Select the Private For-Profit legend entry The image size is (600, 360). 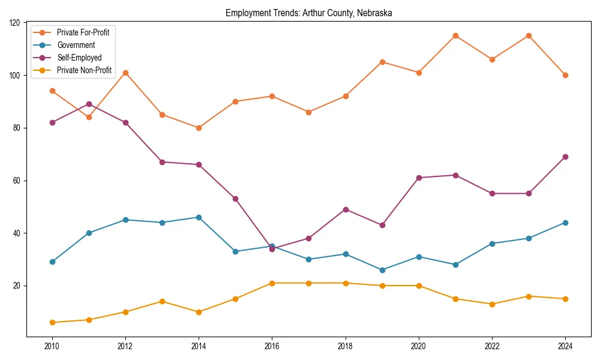coord(83,32)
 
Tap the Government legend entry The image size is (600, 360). coord(76,45)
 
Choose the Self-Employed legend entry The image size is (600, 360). coord(79,58)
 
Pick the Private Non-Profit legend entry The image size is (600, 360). coord(84,70)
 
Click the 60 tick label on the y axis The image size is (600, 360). coord(17,181)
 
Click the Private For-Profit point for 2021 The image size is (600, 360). coord(455,36)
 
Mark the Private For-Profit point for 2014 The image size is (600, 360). coord(199,128)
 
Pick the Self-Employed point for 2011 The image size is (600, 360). coord(89,104)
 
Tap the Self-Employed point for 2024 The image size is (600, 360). coord(565,157)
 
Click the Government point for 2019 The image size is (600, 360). coord(382,270)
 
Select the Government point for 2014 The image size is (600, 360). coord(199,217)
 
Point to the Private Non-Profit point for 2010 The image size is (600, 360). coord(52,322)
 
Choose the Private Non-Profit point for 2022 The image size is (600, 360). coord(492,304)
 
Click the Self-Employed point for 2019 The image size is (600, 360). coord(382,225)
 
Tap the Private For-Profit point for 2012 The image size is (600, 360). coord(125,73)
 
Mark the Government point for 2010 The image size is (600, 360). coord(52,262)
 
